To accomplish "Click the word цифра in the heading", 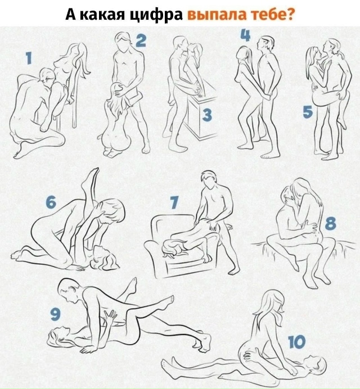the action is [156, 15].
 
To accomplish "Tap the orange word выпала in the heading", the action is [217, 15].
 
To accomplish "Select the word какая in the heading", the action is [102, 15].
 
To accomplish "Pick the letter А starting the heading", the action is [71, 15].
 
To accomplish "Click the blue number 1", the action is [29, 58].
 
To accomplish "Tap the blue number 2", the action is [141, 40].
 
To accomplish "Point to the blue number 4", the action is [245, 35].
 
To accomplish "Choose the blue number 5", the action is [308, 112].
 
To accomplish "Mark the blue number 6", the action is [51, 202].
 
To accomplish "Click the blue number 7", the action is [174, 202].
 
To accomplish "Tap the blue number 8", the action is [330, 223].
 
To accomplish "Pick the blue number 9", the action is [55, 314].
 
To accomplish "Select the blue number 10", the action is [297, 342].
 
